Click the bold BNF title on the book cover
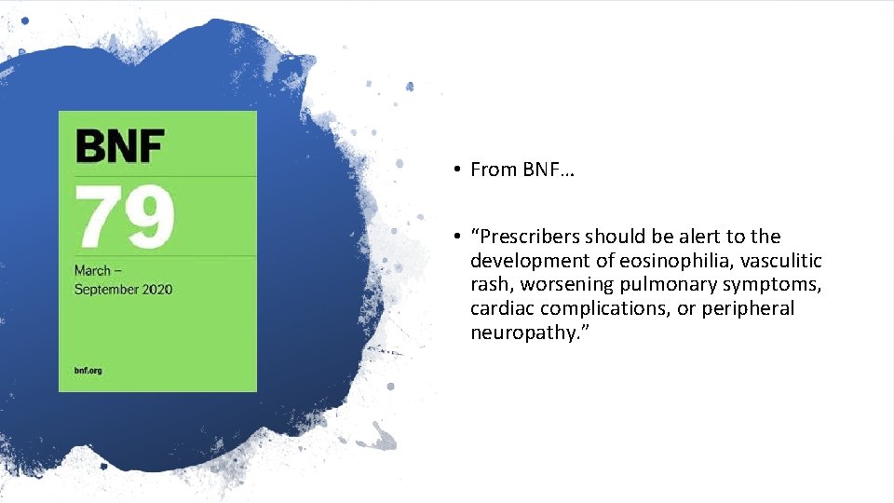120,146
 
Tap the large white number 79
125,218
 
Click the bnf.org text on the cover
88,370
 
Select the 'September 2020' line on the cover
124,289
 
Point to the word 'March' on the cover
92,270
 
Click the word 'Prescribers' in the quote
527,237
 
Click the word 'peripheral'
748,309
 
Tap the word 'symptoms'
769,285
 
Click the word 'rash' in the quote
489,285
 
